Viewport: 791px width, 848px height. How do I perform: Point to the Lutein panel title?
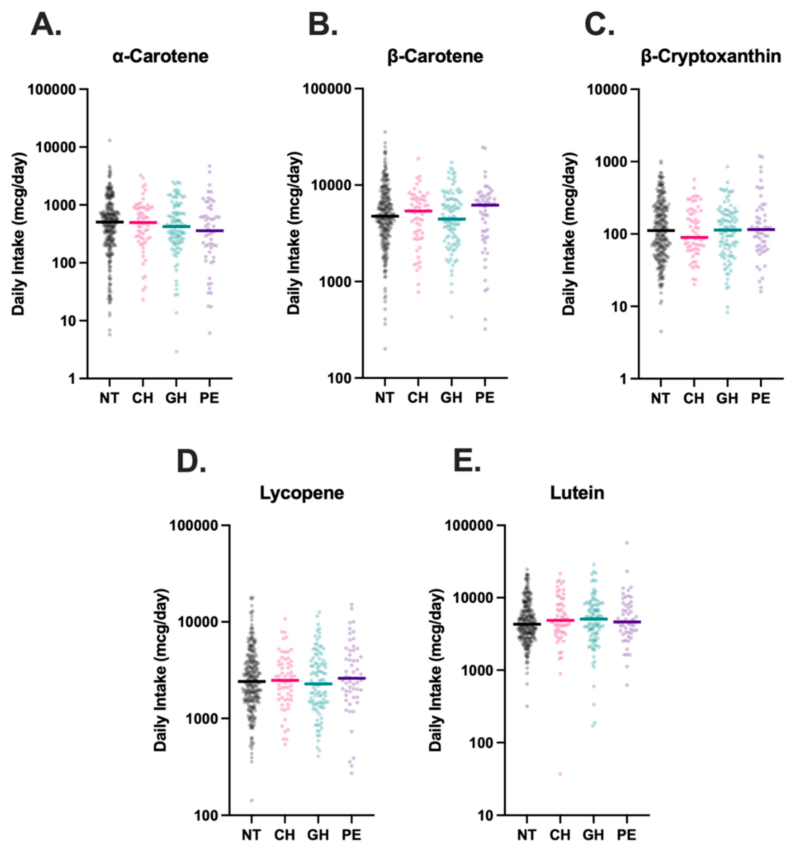tap(577, 493)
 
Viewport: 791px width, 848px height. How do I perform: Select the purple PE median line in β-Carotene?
tap(485, 205)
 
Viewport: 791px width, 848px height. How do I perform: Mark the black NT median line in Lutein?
tap(527, 624)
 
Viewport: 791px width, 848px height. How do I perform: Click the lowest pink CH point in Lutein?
tap(560, 774)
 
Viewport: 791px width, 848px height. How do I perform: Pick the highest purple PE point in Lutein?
tap(627, 543)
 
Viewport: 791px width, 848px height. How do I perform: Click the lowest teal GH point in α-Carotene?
tap(176, 351)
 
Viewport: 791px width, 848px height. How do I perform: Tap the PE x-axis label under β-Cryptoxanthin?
tap(760, 398)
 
